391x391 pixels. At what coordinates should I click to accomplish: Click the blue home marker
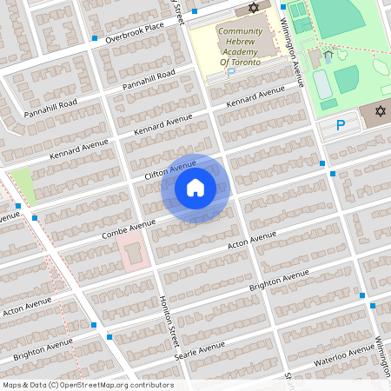click(x=195, y=188)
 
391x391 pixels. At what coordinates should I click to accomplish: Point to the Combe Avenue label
click(x=128, y=229)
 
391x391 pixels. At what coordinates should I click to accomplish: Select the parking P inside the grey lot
click(x=341, y=125)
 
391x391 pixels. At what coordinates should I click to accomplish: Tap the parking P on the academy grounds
click(x=230, y=73)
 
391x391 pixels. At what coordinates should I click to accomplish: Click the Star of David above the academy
click(x=254, y=8)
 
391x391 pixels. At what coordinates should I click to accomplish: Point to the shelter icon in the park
click(x=328, y=56)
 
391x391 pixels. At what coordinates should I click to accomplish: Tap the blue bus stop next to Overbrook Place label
click(x=94, y=39)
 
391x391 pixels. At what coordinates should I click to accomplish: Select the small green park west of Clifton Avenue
click(x=23, y=184)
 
